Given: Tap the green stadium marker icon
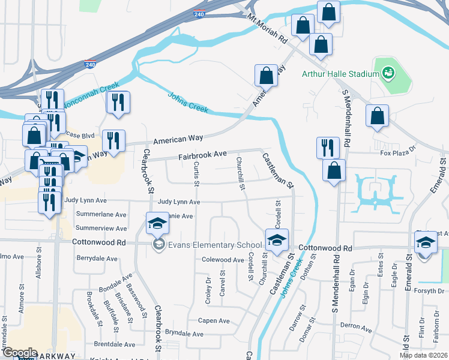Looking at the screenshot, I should pyautogui.click(x=388, y=73).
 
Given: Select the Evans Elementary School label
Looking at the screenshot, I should pyautogui.click(x=215, y=244).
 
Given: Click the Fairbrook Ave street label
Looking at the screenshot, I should pyautogui.click(x=202, y=155).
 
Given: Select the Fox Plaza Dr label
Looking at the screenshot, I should pyautogui.click(x=398, y=152).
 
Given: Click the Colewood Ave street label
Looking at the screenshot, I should pyautogui.click(x=222, y=260).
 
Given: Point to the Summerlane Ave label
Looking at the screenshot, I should pyautogui.click(x=101, y=214).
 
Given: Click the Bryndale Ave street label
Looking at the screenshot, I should pyautogui.click(x=185, y=332).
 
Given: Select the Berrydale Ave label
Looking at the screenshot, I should pyautogui.click(x=98, y=257).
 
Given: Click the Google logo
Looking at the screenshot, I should pyautogui.click(x=19, y=353).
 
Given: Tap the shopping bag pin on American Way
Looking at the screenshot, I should pyautogui.click(x=266, y=76).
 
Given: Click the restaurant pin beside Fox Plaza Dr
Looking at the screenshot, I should pyautogui.click(x=328, y=147).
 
